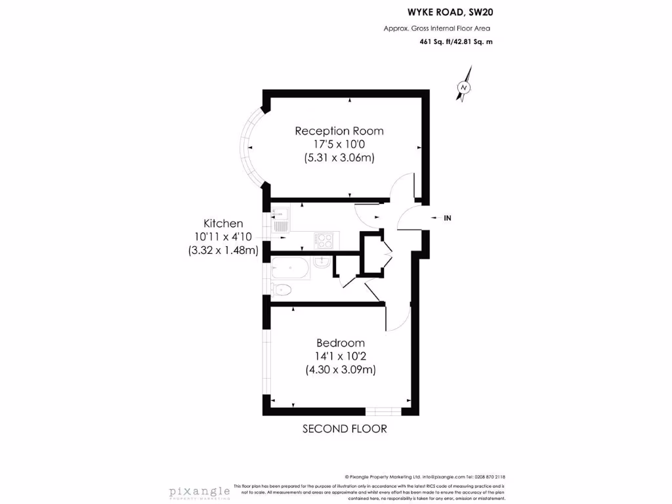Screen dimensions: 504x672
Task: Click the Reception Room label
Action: [x=339, y=131]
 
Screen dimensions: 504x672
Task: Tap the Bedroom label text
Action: [x=340, y=343]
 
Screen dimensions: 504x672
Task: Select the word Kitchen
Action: [x=223, y=223]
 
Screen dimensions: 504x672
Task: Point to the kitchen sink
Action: [x=281, y=220]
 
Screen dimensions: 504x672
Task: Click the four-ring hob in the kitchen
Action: [x=324, y=240]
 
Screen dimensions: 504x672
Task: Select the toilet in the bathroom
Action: [x=282, y=289]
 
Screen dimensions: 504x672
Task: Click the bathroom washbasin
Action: [x=322, y=262]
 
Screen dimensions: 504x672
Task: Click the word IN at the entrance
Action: [x=448, y=217]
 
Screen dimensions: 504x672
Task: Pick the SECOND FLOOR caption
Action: [x=345, y=429]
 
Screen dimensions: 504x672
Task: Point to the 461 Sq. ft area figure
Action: [x=433, y=41]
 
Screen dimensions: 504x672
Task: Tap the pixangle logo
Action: [x=199, y=491]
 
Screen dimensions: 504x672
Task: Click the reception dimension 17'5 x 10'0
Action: [x=339, y=144]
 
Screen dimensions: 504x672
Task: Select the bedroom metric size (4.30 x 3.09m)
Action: [x=340, y=369]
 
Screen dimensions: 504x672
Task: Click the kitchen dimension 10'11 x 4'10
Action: [x=223, y=236]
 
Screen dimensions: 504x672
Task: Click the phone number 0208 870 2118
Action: [x=486, y=477]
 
